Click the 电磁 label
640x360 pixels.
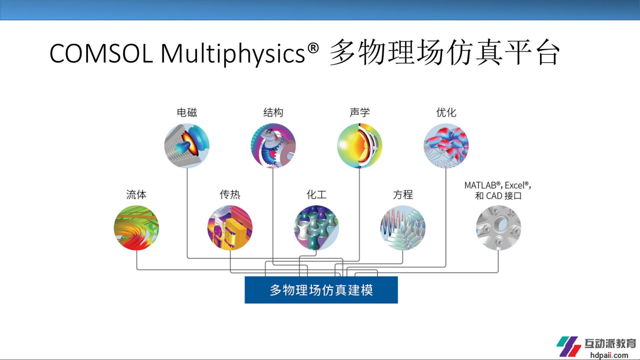tap(187, 113)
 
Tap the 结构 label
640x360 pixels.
tap(273, 113)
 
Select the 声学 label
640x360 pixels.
tap(360, 113)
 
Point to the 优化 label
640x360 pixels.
tap(446, 113)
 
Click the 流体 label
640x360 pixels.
tap(136, 194)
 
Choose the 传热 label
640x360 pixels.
tap(230, 194)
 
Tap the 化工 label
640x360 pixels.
tap(317, 194)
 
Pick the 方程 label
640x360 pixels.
tap(403, 194)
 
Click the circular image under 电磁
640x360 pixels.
tap(187, 146)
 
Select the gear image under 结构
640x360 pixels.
tap(273, 146)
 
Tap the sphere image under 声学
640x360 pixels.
tap(360, 146)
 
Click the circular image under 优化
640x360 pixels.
tap(446, 146)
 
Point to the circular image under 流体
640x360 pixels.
tap(136, 228)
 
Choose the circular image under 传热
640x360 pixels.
tap(230, 228)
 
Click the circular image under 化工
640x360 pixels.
tap(317, 228)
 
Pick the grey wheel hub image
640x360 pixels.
tap(498, 228)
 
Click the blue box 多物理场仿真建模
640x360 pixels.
tap(321, 290)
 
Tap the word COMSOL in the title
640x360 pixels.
tap(101, 53)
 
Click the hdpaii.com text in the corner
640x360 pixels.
tap(609, 355)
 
